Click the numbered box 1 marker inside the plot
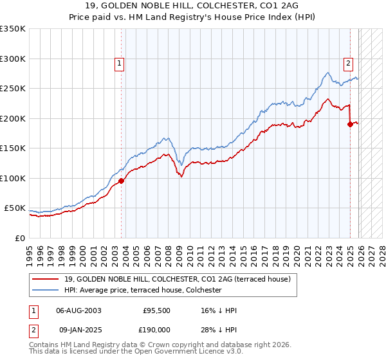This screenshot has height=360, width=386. coord(120,63)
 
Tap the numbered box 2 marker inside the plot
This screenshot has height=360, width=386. coord(348,63)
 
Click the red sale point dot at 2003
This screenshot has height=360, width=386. coord(121,181)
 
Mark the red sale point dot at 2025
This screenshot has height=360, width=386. coord(350,125)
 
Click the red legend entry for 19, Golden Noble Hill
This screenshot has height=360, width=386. coord(178,279)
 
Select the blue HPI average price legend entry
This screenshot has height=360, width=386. coord(143,291)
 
